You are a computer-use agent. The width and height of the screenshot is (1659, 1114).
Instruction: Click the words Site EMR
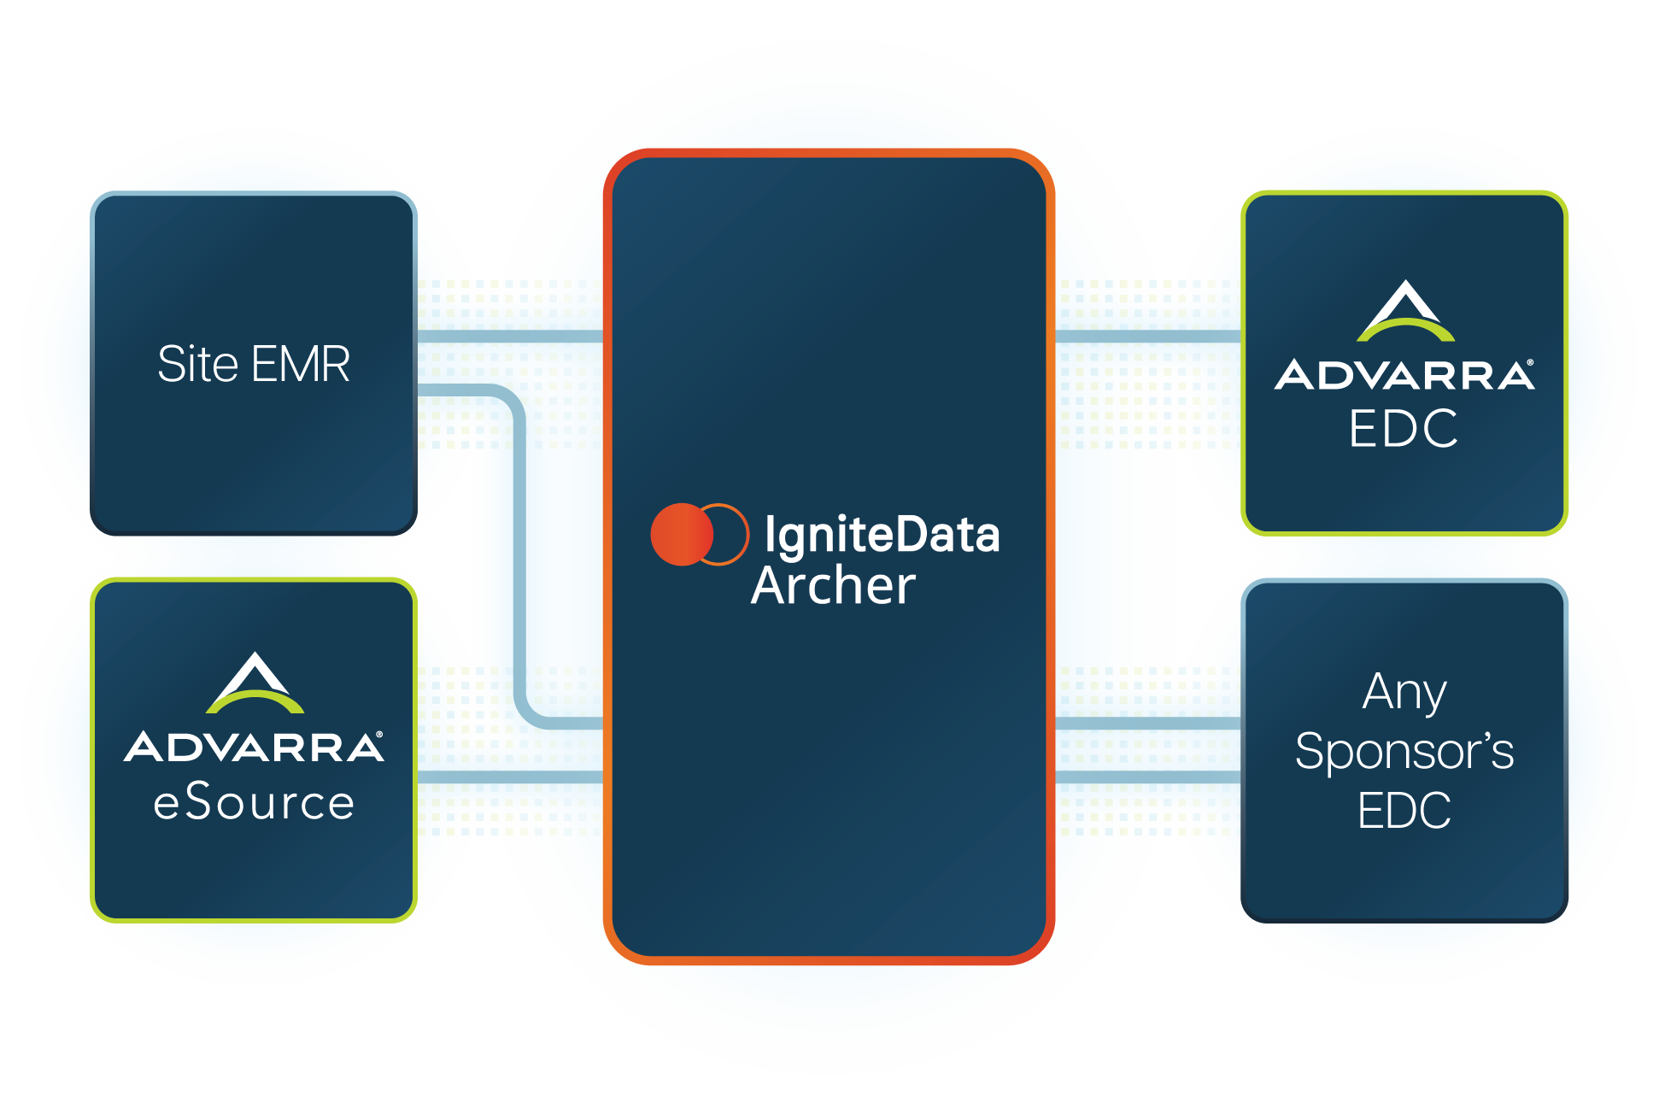pos(254,364)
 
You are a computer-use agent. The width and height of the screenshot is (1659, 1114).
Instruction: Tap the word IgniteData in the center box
pos(882,536)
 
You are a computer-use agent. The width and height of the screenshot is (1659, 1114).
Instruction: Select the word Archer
pos(833,585)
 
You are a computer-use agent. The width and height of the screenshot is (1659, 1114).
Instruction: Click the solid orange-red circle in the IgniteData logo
pos(682,534)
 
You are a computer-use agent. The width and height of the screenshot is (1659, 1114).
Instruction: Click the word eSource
pos(254,802)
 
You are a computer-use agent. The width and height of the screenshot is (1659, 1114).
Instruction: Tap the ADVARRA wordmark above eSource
pos(254,747)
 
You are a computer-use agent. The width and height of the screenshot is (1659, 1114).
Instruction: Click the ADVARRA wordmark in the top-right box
pos(1404,375)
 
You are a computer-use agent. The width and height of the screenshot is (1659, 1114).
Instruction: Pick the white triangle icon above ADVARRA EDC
pos(1405,310)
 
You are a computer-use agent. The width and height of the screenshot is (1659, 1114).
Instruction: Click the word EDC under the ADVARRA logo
pos(1404,428)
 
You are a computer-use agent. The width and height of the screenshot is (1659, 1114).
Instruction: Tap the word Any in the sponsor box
pos(1404,692)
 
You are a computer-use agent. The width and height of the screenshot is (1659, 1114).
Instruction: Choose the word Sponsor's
pos(1404,752)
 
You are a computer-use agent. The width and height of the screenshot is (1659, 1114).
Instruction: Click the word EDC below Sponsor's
pos(1404,810)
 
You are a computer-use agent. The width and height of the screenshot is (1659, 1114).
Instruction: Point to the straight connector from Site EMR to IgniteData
pos(510,337)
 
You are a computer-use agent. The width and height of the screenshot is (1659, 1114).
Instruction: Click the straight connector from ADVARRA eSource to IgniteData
pos(510,777)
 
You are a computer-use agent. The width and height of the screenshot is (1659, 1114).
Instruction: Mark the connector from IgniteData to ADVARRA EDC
pos(1148,337)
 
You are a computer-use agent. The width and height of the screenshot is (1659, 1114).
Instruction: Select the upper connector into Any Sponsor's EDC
pos(1148,724)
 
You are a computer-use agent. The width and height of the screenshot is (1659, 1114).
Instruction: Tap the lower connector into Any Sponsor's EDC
pos(1148,777)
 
